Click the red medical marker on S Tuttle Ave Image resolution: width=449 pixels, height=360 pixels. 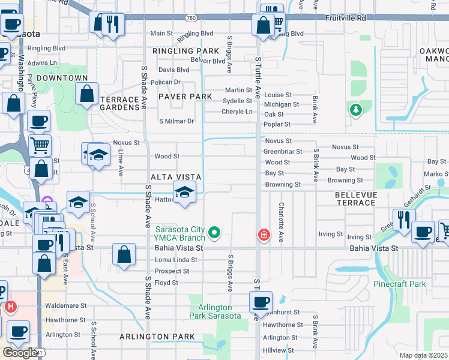[x=263, y=235]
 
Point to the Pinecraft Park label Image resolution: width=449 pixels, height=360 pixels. [x=399, y=284]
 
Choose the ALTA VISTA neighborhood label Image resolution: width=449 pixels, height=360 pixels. [x=175, y=176]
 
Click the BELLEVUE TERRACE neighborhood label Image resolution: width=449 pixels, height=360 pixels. [x=355, y=199]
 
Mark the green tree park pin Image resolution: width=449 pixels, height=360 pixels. [x=356, y=110]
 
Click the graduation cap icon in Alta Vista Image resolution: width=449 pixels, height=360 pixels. [x=184, y=193]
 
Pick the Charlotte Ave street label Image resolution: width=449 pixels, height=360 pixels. [x=280, y=221]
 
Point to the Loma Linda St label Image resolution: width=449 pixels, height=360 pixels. [x=176, y=260]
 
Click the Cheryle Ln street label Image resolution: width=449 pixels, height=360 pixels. [x=237, y=112]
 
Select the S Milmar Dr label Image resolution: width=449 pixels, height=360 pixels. [x=176, y=121]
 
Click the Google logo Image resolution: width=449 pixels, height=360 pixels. [x=20, y=352]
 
